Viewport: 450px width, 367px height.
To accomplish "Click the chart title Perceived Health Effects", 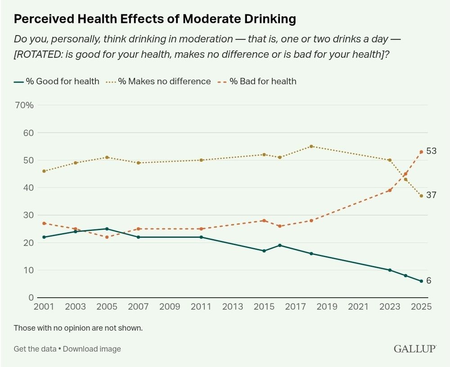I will (x=155, y=19).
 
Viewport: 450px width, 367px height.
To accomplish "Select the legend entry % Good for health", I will (x=57, y=82).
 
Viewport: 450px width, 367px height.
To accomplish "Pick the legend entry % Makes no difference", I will (x=158, y=82).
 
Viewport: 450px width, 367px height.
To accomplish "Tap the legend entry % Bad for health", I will (x=258, y=82).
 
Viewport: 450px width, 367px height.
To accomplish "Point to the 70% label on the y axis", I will (x=24, y=105).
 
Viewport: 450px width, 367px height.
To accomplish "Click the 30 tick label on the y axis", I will (x=28, y=215).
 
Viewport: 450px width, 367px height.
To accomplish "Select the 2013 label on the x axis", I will (x=233, y=307).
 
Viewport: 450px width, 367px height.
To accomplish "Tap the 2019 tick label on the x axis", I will (x=327, y=307).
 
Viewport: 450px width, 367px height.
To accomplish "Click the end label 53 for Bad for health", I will (x=432, y=151).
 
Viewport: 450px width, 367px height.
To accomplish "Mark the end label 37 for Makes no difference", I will (x=432, y=195).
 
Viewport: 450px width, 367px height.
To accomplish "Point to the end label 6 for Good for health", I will (x=429, y=281).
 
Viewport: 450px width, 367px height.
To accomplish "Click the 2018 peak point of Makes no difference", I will (x=311, y=146).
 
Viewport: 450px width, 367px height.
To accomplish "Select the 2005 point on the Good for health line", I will (x=107, y=229).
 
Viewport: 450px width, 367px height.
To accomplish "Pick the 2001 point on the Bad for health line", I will (x=44, y=223).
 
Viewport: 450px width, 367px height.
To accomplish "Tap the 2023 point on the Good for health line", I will (x=390, y=270).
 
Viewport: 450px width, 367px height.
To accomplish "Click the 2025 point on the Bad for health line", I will (x=421, y=152).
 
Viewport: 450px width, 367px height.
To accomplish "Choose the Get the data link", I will (x=35, y=349).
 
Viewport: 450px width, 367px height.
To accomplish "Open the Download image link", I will (x=92, y=349).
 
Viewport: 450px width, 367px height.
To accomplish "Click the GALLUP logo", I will (x=415, y=349).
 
